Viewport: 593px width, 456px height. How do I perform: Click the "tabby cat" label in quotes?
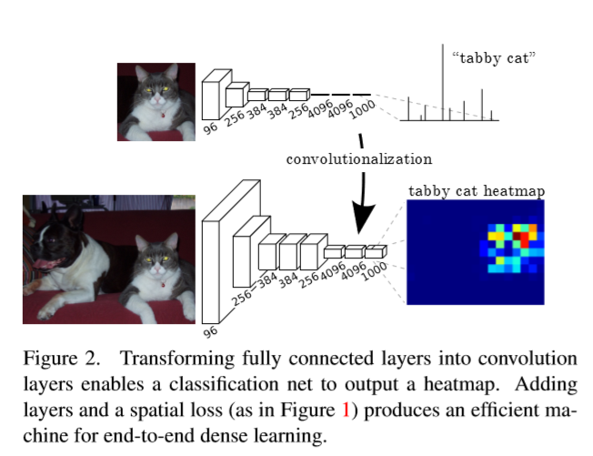click(494, 57)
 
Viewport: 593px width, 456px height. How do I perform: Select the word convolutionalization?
click(359, 159)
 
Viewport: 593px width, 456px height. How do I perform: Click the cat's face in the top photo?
click(156, 89)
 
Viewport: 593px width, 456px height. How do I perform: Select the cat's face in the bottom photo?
click(157, 258)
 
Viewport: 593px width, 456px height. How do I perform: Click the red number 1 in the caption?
click(345, 410)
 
